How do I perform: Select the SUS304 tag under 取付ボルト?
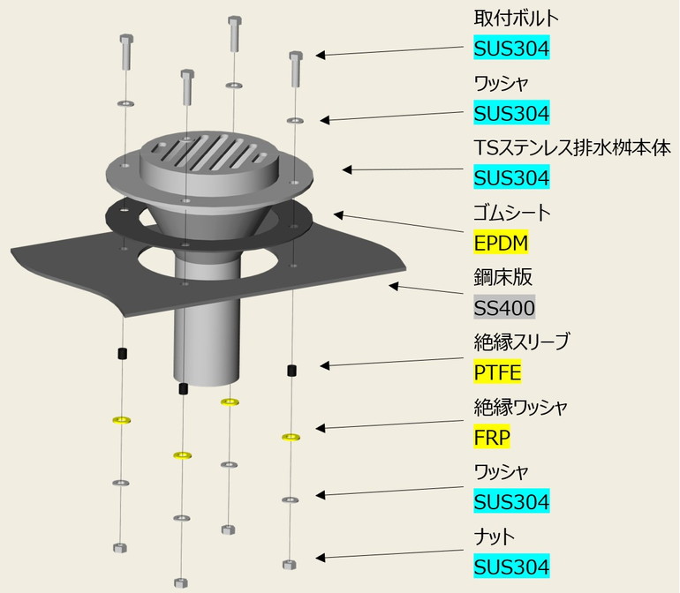[511, 49]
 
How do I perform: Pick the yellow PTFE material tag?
[497, 372]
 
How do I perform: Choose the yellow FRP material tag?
[493, 437]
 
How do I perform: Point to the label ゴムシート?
[512, 213]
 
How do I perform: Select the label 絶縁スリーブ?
[522, 342]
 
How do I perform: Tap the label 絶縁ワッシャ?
[520, 407]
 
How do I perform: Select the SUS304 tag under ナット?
[511, 567]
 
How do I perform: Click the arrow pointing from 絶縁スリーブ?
[393, 364]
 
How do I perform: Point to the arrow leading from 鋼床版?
[427, 289]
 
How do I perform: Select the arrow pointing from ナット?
[392, 558]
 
